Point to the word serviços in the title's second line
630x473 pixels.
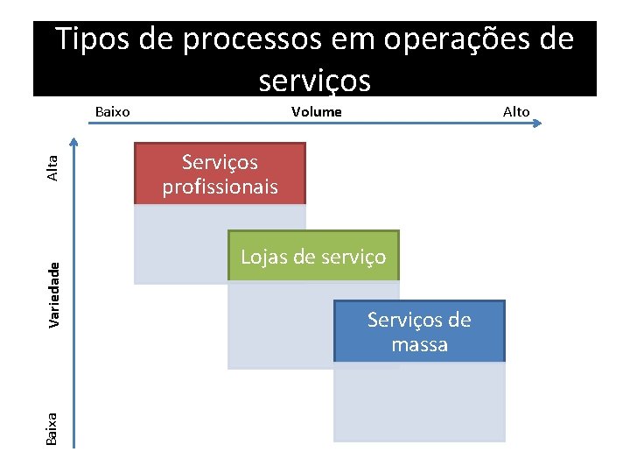pos(315,80)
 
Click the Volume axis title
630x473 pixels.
pos(316,111)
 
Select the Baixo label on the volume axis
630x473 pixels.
pos(112,111)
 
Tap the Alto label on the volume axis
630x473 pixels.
pos(516,111)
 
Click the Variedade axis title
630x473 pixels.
pos(54,294)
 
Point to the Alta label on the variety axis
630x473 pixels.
pos(53,167)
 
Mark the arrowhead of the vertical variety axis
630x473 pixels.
pos(75,144)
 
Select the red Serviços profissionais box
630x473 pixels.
pos(220,173)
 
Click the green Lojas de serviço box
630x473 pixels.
pos(313,256)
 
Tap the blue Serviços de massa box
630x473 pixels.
pos(419,331)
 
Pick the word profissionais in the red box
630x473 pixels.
pos(220,187)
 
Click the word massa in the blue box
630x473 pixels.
pos(419,344)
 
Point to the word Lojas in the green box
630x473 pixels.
pos(264,257)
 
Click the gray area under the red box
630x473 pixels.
pos(179,245)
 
